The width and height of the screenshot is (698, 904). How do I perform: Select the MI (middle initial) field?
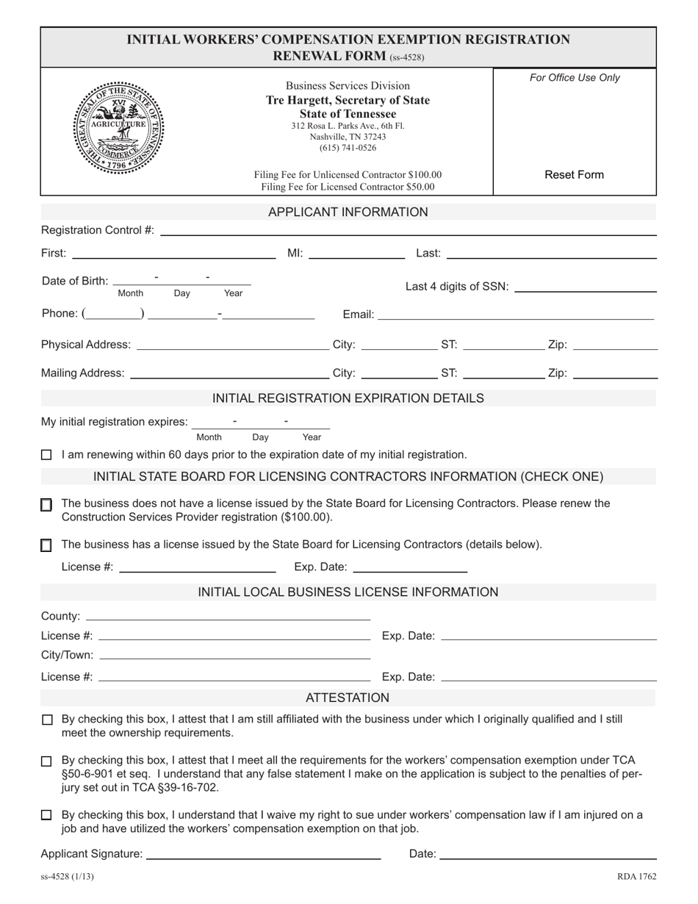[356, 254]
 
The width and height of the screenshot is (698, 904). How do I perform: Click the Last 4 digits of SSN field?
[586, 287]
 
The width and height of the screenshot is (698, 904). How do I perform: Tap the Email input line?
[516, 315]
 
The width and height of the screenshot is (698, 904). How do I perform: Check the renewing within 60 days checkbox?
[46, 455]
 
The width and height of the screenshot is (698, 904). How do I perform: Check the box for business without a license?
[46, 505]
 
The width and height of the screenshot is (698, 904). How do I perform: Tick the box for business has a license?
[46, 545]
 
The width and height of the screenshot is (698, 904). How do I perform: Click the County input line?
[228, 616]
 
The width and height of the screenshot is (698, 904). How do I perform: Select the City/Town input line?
[234, 655]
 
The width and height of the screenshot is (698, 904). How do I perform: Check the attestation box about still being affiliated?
[46, 720]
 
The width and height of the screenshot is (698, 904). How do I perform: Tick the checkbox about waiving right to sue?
[46, 815]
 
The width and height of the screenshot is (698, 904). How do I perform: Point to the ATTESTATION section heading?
[348, 697]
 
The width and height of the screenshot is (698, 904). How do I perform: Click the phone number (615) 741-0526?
[348, 148]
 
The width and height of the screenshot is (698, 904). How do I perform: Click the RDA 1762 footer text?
[636, 877]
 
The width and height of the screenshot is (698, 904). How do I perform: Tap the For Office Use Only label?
[575, 78]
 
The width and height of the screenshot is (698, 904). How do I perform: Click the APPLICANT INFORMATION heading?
[348, 212]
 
